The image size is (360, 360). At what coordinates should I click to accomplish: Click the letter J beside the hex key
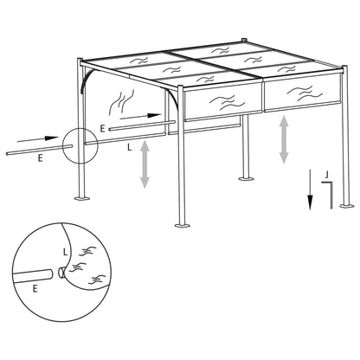325,174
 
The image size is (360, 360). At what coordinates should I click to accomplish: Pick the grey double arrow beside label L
145,164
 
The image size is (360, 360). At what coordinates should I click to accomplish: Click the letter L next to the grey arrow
129,148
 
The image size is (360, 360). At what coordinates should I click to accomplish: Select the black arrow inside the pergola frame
139,114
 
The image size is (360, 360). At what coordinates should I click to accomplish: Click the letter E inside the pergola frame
103,128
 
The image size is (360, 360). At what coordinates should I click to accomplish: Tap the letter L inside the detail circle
65,251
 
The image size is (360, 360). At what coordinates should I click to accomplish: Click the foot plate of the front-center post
181,225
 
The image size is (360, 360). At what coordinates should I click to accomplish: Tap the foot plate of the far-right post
345,205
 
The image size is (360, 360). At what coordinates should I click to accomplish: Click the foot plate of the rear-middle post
244,181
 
